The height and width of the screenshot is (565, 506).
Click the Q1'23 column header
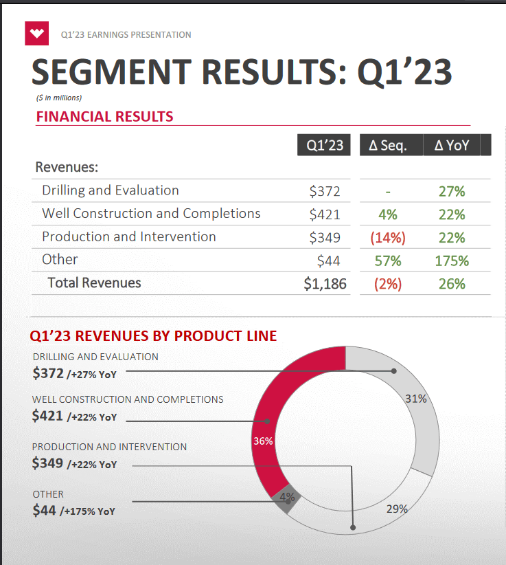click(x=324, y=145)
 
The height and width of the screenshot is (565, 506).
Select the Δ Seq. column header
click(x=388, y=145)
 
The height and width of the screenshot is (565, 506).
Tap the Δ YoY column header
click(x=452, y=145)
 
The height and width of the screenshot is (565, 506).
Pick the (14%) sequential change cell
click(x=388, y=238)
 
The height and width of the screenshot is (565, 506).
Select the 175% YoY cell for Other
click(x=452, y=261)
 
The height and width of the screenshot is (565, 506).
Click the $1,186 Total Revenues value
click(x=325, y=283)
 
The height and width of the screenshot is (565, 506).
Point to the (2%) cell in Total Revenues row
click(x=388, y=283)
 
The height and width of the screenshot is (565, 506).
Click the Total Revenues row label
click(x=94, y=282)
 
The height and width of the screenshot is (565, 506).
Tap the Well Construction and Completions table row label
click(x=151, y=213)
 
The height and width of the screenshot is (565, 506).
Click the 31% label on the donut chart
click(x=416, y=399)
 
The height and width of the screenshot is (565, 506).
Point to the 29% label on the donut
click(x=397, y=509)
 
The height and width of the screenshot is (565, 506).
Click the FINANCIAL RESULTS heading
click(x=104, y=116)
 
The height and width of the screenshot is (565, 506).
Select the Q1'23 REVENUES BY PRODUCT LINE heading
click(x=153, y=336)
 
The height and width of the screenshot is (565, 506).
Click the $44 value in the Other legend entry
click(x=44, y=510)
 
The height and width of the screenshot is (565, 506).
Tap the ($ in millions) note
click(x=58, y=98)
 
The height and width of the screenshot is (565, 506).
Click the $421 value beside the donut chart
click(x=48, y=415)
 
